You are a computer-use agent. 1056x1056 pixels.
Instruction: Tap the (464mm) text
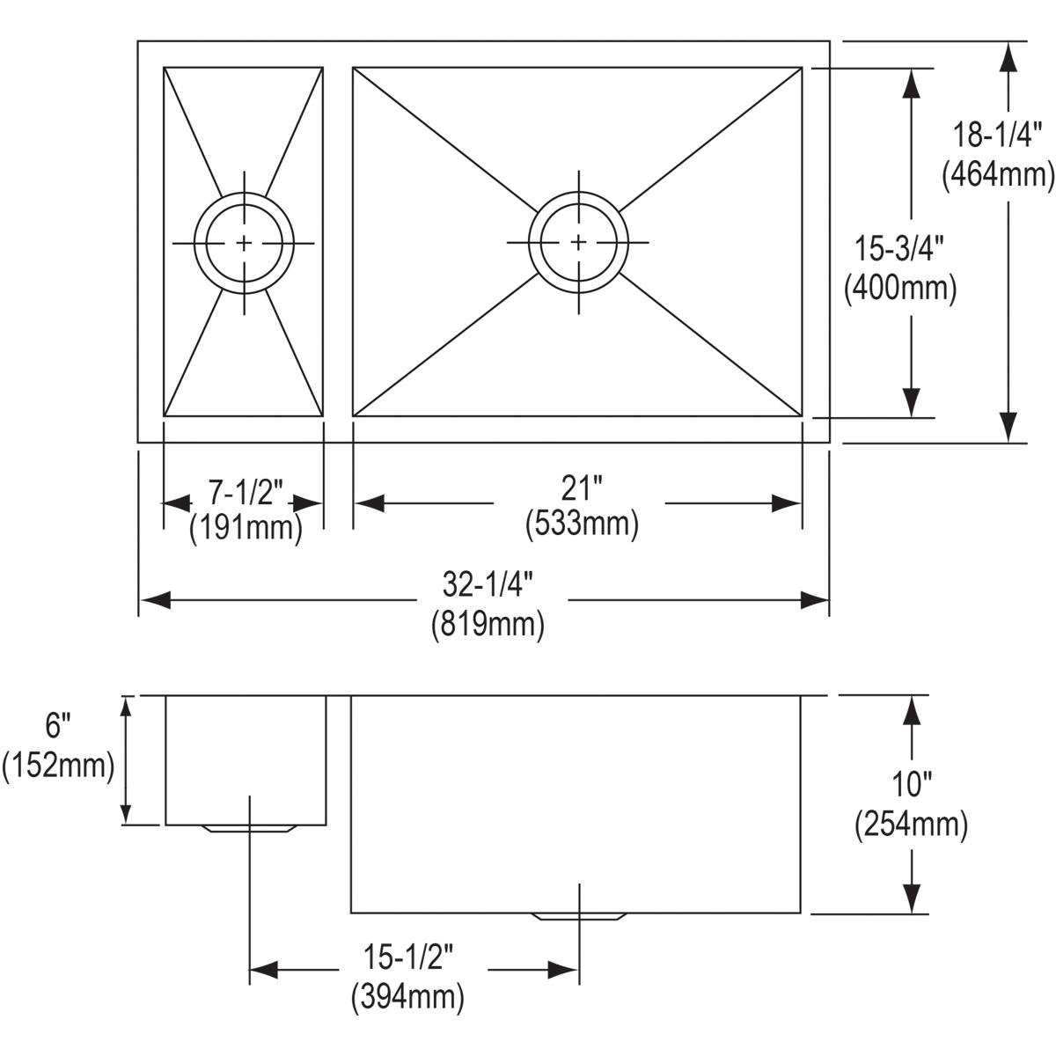tap(997, 174)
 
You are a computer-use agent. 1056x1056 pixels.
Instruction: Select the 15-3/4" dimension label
tap(899, 249)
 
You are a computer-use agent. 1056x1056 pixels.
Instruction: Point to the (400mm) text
tap(899, 287)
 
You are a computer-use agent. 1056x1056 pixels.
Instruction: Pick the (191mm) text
tap(246, 528)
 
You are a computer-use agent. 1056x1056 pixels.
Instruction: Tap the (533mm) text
tap(581, 524)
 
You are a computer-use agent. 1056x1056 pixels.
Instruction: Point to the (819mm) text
tap(488, 623)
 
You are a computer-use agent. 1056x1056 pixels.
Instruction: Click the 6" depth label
tap(57, 727)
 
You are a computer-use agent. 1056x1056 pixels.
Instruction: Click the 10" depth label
tap(911, 783)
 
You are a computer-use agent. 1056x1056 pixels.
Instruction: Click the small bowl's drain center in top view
tap(245, 242)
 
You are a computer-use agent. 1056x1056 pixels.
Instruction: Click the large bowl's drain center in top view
tap(578, 241)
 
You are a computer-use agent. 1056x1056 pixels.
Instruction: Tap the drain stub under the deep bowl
tap(579, 916)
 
